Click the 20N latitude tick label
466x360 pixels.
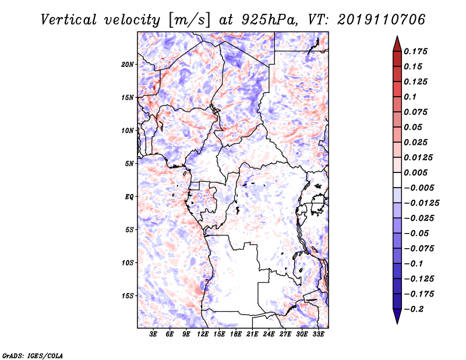[x=128, y=65]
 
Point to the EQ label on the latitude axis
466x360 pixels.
[x=129, y=197]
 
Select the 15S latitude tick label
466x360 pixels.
[x=128, y=296]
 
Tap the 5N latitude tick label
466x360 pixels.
[x=129, y=164]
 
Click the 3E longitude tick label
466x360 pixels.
[x=153, y=334]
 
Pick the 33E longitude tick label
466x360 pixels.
[x=318, y=334]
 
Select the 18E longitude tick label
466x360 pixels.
[x=236, y=334]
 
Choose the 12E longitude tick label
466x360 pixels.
[x=203, y=334]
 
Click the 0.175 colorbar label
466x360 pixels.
[x=415, y=51]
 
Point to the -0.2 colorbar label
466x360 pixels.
[x=414, y=309]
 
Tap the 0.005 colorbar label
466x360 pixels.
[x=415, y=172]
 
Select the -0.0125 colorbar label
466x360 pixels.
[x=421, y=203]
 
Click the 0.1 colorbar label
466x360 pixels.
[x=410, y=97]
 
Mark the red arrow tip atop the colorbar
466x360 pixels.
[x=397, y=36]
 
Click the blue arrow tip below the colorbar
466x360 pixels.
[x=397, y=324]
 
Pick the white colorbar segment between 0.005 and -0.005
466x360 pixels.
[x=397, y=180]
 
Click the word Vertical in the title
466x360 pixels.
[x=69, y=20]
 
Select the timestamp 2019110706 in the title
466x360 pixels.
[x=382, y=20]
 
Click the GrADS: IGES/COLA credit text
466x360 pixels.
[x=33, y=355]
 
